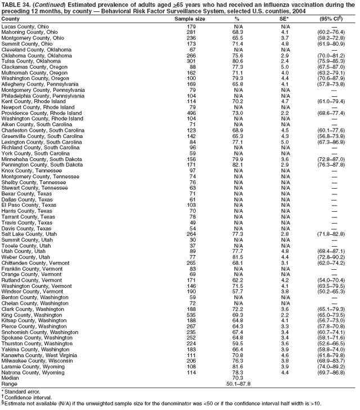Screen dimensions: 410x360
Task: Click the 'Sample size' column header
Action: (x=191, y=19)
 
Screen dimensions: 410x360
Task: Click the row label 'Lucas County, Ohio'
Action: (x=25, y=26)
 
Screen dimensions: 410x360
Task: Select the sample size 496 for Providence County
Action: (x=191, y=113)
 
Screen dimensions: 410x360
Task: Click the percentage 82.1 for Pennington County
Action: (x=238, y=164)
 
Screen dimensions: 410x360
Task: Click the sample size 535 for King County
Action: (x=191, y=314)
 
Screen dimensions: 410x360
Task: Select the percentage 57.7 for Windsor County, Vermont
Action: (x=238, y=291)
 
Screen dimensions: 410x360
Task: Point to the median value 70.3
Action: (x=238, y=377)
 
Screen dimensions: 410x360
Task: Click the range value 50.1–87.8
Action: (x=238, y=384)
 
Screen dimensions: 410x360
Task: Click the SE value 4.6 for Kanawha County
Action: (x=285, y=354)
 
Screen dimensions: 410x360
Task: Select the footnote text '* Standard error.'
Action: (x=21, y=390)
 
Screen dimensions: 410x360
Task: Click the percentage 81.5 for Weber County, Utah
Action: (x=238, y=257)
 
